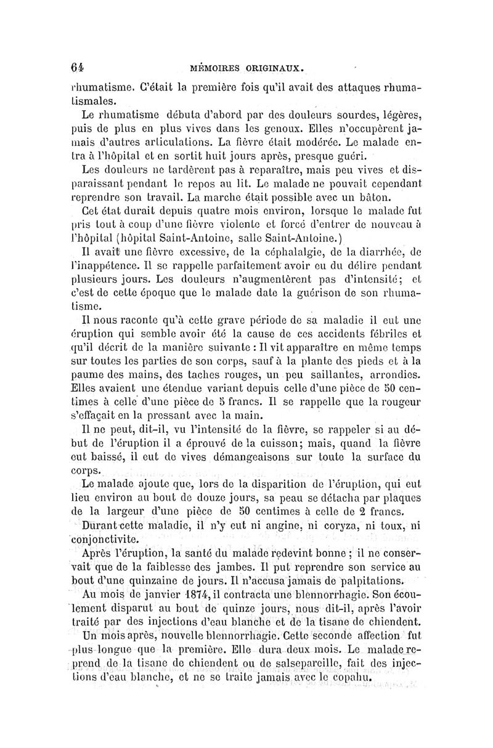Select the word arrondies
(393, 375)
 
